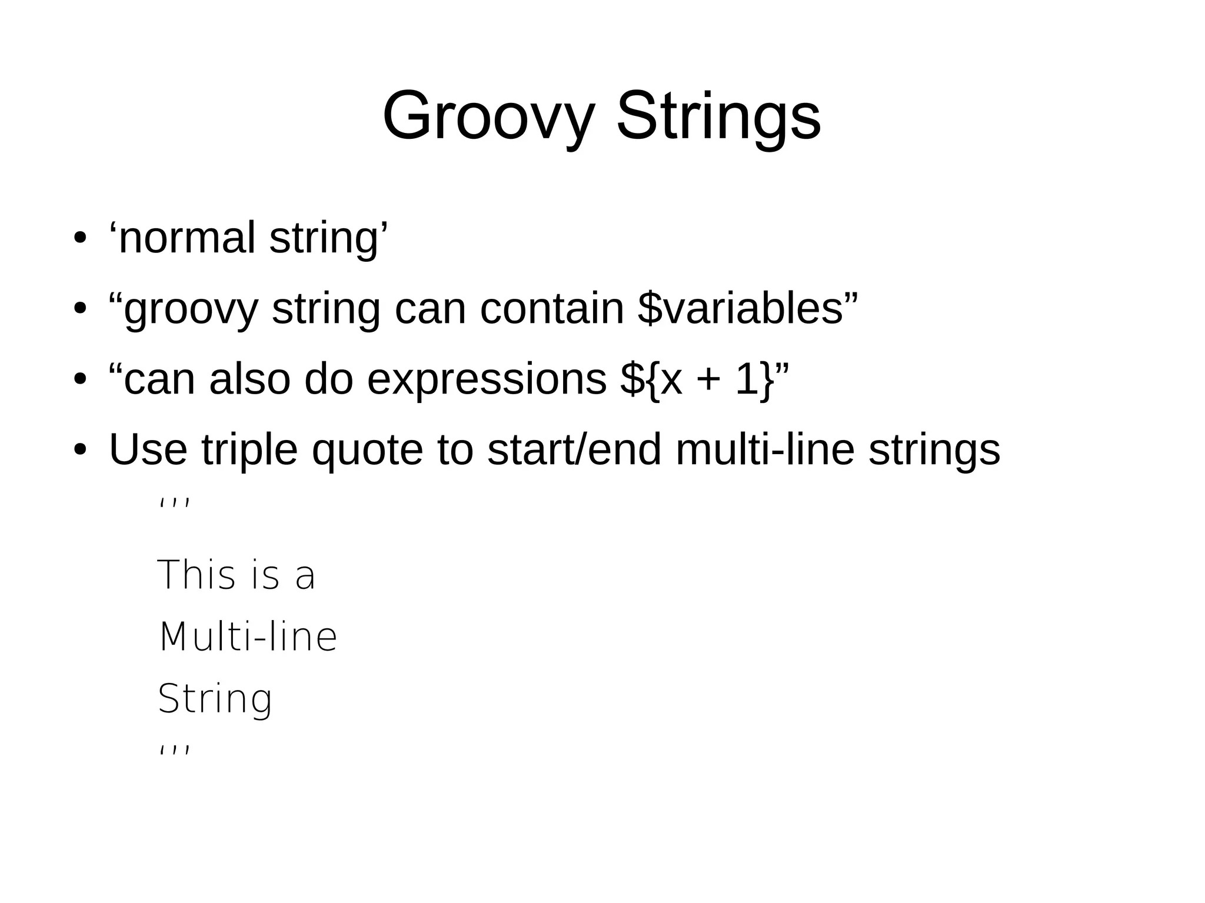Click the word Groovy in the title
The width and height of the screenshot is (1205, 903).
point(488,116)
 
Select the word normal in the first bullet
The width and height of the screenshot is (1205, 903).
point(187,238)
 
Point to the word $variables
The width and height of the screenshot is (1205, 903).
point(741,309)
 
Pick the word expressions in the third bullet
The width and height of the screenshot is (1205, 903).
point(487,379)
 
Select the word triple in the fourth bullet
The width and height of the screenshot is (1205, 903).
point(249,450)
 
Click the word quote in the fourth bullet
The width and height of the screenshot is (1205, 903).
point(367,450)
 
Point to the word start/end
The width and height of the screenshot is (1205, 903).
point(574,450)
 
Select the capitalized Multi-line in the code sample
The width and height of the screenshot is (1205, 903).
point(248,637)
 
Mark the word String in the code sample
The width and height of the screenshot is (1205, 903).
point(215,699)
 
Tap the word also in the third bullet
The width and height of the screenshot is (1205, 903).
point(249,379)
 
